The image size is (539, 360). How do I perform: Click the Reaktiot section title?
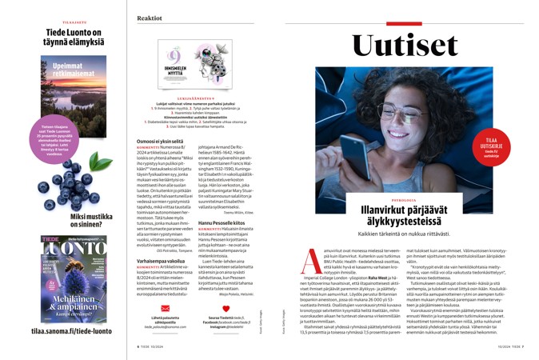point(150,18)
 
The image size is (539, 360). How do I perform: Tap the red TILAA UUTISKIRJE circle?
point(490,147)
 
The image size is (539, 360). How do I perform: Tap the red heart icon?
point(226,308)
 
